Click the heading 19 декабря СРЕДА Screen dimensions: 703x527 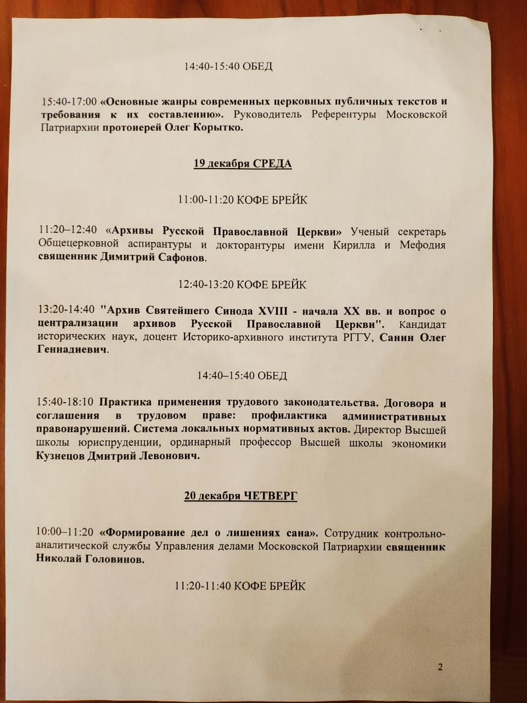pos(242,164)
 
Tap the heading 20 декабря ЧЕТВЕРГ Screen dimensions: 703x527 pos(240,496)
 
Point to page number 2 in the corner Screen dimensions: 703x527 pos(440,667)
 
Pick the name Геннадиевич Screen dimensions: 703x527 pos(72,349)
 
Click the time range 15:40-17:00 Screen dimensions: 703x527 pos(69,102)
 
